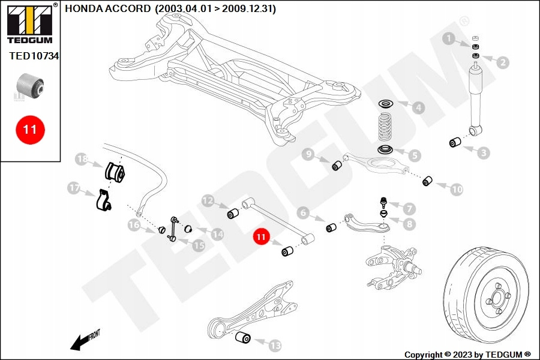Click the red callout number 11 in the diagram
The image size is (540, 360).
(261, 238)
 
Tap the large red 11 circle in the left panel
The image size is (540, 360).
(30, 128)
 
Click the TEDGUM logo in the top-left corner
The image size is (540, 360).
(30, 24)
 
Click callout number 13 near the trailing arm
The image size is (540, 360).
(275, 345)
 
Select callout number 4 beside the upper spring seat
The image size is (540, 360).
(417, 108)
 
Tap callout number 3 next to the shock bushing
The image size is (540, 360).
(484, 152)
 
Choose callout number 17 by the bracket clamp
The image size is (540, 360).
(74, 188)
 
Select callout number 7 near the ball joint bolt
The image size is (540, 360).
(409, 209)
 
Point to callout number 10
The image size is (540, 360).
(456, 190)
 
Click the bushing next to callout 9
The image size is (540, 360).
(337, 165)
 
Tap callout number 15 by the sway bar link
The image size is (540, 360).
(197, 245)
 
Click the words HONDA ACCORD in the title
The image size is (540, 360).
(107, 9)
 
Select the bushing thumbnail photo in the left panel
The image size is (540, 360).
(30, 85)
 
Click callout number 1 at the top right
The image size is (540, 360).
(448, 39)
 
